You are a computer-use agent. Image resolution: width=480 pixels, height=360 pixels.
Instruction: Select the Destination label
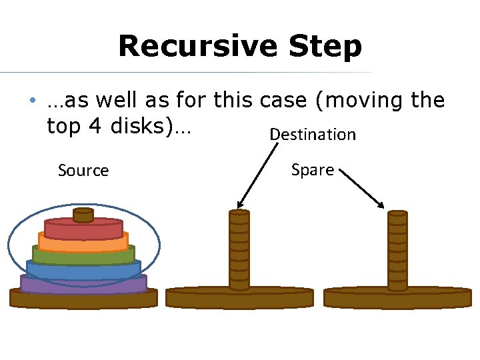click(312, 135)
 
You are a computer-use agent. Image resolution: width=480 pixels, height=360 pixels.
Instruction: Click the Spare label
click(312, 170)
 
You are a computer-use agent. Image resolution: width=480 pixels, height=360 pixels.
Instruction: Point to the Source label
click(83, 171)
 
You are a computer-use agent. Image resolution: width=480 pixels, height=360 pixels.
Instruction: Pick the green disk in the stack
click(83, 255)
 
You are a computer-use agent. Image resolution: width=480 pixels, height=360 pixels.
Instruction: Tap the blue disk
click(83, 269)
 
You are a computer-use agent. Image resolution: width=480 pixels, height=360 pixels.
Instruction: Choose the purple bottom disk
click(83, 284)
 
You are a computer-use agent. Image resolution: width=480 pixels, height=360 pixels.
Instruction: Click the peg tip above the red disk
click(83, 215)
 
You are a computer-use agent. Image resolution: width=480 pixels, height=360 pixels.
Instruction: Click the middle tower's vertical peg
click(239, 250)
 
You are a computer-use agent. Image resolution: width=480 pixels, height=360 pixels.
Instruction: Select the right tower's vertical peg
click(397, 250)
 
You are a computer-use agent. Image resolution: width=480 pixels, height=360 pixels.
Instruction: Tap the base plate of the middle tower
click(239, 298)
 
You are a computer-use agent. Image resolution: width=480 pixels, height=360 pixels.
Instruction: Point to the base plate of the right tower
click(397, 298)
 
